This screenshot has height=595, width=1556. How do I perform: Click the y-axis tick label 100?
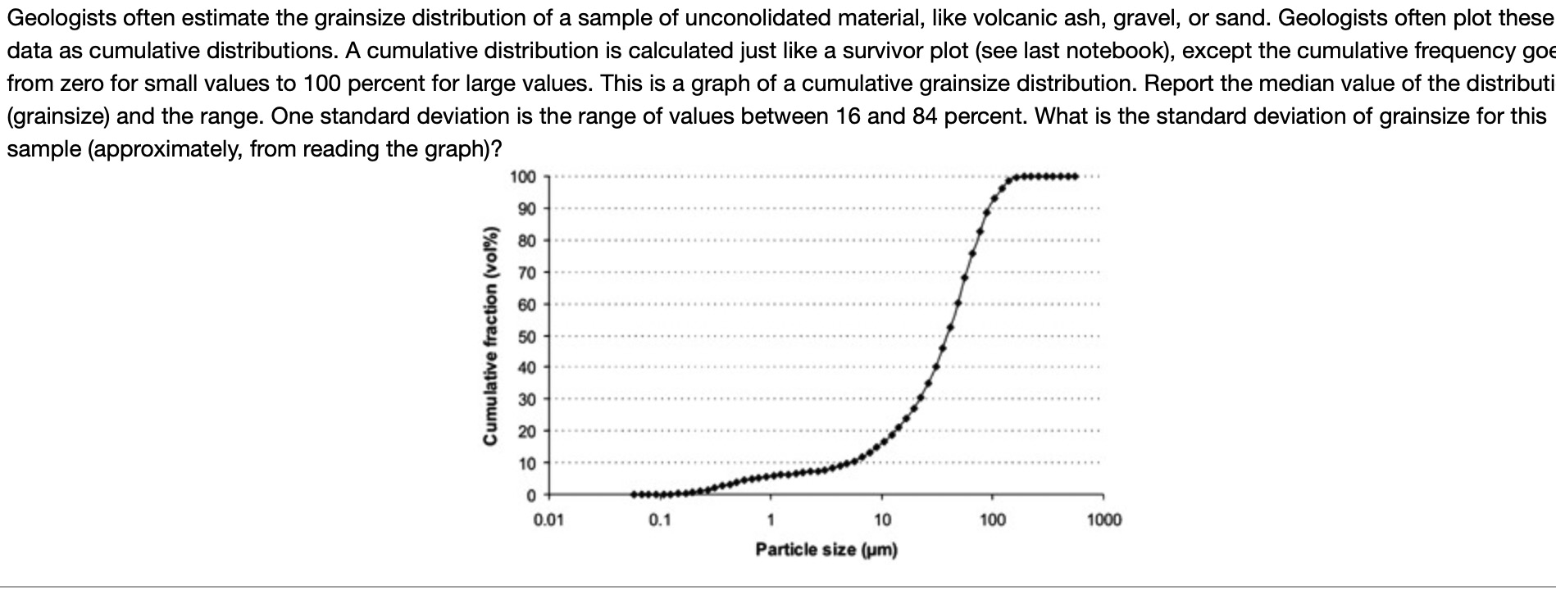pyautogui.click(x=522, y=177)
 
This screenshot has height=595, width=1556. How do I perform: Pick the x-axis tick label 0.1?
pyautogui.click(x=659, y=520)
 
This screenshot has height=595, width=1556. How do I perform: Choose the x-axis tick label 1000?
pyautogui.click(x=1104, y=520)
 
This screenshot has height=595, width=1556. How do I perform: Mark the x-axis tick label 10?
pyautogui.click(x=882, y=520)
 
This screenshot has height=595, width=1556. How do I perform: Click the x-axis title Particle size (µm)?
pyautogui.click(x=826, y=549)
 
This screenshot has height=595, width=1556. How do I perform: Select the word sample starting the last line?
pyautogui.click(x=43, y=149)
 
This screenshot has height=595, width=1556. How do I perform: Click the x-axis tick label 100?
pyautogui.click(x=993, y=520)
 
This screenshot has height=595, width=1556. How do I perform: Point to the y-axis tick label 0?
pyautogui.click(x=530, y=496)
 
